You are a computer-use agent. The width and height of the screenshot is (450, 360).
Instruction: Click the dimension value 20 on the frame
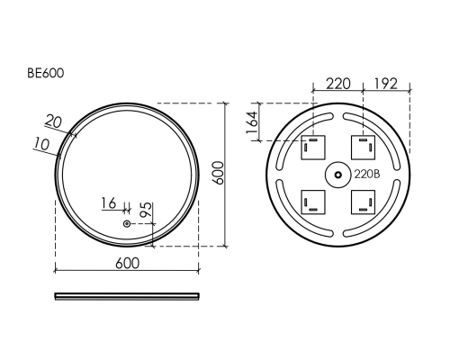53,120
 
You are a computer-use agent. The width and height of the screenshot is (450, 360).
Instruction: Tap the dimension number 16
109,202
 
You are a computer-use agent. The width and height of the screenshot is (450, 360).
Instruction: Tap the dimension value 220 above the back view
337,84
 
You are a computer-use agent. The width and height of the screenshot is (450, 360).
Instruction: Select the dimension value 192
387,84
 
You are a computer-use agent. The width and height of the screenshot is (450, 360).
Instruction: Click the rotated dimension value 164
252,122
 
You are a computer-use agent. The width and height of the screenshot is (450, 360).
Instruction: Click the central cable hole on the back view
337,173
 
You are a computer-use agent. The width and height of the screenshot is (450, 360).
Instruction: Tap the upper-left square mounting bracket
312,147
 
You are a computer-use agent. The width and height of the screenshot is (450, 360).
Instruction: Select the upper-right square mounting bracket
364,147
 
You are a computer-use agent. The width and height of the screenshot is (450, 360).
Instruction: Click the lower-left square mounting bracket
312,199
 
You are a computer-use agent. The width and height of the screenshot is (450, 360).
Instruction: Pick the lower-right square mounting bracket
364,199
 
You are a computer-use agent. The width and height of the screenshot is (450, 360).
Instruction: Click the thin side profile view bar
127,294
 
